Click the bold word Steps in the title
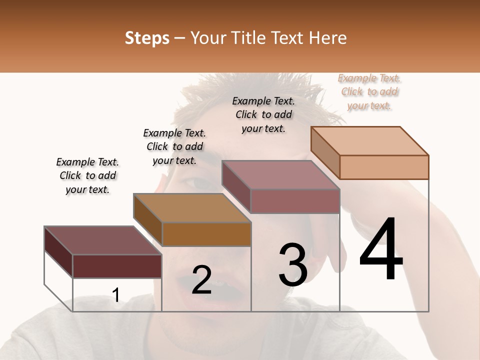point(147,38)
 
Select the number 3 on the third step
point(293,265)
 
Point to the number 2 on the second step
point(201,279)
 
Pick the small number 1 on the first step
point(116,295)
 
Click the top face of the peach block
point(369,140)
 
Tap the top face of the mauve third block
point(280,174)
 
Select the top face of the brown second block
point(191,207)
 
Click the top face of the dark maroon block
point(102,240)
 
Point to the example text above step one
point(87,175)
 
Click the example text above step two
point(174,146)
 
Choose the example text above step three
point(263,114)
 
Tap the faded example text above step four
point(369,91)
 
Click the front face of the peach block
point(384,167)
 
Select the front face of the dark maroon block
point(117,266)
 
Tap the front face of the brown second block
point(206,234)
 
